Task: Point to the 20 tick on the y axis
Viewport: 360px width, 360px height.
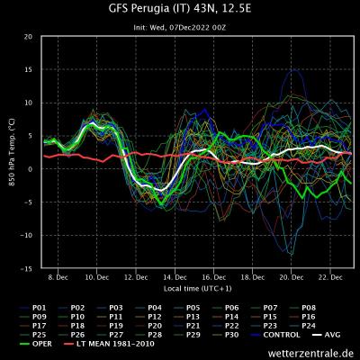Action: [29, 37]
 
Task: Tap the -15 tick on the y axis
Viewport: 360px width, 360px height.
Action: [28, 268]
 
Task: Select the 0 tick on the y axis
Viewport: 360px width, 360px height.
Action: [31, 169]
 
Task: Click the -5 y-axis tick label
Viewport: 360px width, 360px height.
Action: [29, 202]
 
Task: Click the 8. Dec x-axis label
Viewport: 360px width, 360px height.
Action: [59, 278]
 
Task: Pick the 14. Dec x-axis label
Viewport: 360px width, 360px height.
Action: [175, 278]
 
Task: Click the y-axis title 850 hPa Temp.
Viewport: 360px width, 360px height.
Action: [12, 153]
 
